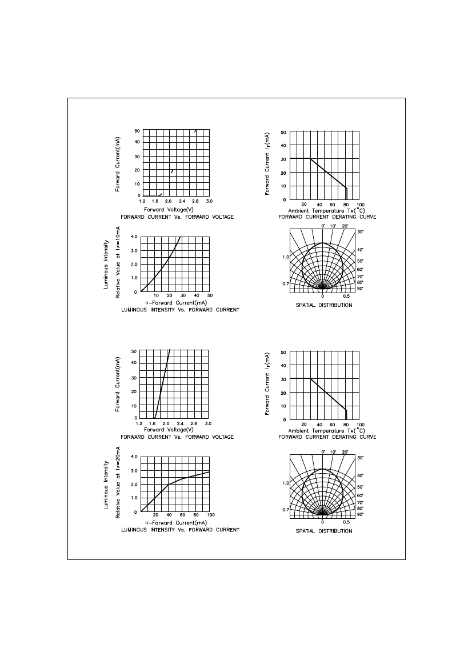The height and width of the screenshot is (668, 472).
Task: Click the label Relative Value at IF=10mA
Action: (118, 262)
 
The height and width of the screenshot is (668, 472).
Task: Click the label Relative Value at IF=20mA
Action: (118, 482)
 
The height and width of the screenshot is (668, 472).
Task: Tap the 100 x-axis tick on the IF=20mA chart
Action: (211, 515)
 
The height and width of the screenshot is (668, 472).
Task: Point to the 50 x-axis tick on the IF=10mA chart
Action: (210, 295)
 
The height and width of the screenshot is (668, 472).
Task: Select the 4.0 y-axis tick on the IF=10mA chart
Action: (134, 237)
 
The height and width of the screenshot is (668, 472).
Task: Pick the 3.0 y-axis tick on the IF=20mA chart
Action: (134, 471)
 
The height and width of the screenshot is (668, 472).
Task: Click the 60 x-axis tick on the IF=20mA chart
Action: (182, 515)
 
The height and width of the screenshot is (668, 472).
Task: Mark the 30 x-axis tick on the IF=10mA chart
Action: (183, 295)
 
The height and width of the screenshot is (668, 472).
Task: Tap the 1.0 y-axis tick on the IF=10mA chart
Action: (134, 278)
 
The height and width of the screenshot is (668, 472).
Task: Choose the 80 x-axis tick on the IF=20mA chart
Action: (196, 515)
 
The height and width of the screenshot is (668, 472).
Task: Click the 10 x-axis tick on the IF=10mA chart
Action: (157, 295)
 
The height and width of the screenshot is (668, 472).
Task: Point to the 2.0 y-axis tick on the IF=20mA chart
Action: (134, 485)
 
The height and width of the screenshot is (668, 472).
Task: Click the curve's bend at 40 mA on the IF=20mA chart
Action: (169, 485)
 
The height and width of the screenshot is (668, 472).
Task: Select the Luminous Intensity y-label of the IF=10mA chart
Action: (106, 264)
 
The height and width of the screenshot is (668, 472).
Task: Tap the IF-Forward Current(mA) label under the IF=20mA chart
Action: (176, 523)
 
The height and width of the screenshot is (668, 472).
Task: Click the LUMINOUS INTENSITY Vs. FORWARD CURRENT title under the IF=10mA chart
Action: (180, 310)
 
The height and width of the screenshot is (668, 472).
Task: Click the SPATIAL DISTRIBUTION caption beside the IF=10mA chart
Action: (324, 305)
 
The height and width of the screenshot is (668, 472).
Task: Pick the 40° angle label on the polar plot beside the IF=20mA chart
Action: (360, 476)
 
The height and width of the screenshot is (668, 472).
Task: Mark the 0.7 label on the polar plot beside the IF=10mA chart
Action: (285, 284)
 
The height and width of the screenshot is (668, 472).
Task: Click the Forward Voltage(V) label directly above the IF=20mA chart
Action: (169, 430)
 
